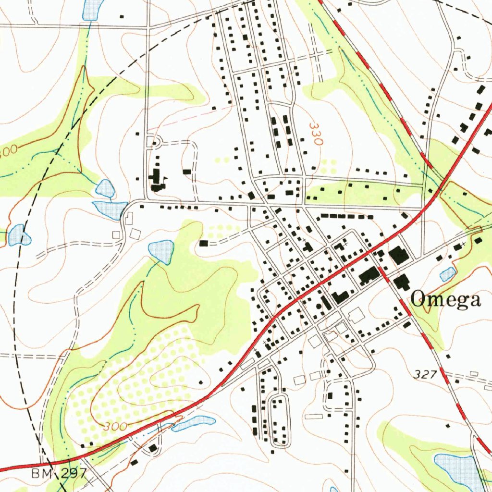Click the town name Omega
446,299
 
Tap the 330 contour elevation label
315,134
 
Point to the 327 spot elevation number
425,375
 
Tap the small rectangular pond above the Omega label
448,274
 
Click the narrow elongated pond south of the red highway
194,422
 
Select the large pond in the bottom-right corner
456,468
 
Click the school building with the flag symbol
156,180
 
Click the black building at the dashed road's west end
204,244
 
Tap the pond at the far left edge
18,235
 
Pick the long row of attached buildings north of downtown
346,216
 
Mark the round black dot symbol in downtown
319,306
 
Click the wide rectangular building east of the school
186,171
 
